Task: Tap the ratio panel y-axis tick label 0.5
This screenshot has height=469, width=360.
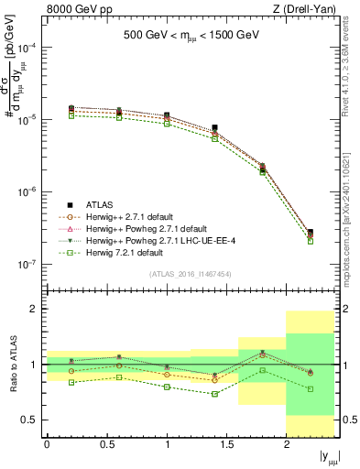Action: (33, 420)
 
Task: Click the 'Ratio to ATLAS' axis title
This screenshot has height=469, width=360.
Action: (12, 364)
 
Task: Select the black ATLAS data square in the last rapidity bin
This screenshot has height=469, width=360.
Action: (311, 233)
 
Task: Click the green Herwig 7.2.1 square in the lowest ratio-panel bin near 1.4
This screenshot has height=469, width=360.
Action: (214, 394)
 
